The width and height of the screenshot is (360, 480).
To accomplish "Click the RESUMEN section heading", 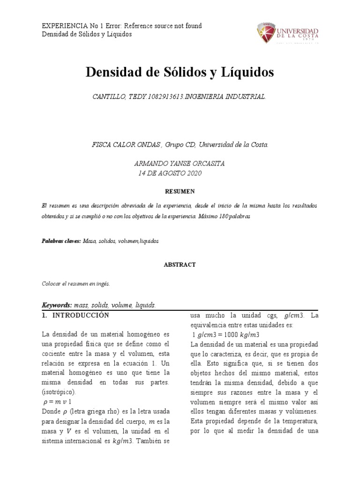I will [180, 191].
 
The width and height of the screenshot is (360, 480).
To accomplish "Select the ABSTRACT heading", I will [180, 264].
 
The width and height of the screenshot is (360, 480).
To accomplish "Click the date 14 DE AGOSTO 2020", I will [170, 173].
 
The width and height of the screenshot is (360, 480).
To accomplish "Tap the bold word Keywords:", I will [57, 305].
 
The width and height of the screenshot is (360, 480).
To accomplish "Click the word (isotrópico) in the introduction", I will [61, 392].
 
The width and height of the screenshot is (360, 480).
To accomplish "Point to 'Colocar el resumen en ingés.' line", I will [75, 284].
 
